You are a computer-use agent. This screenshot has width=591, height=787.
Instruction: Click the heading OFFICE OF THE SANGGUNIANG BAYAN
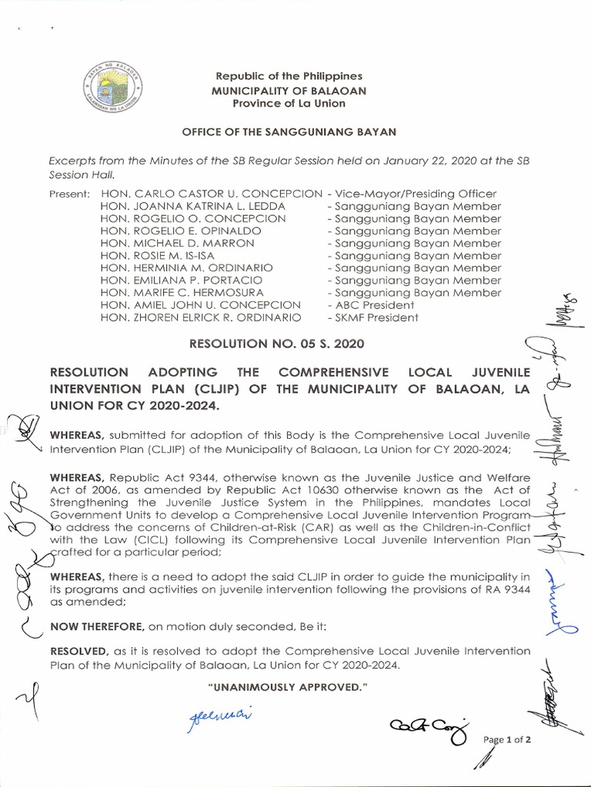(289, 132)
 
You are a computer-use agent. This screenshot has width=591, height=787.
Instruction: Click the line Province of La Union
(289, 104)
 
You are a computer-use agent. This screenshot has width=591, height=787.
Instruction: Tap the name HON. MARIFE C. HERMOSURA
(182, 292)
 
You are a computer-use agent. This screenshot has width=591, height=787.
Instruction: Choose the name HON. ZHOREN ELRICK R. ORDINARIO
(201, 317)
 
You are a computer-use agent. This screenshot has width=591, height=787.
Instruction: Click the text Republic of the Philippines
(289, 77)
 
